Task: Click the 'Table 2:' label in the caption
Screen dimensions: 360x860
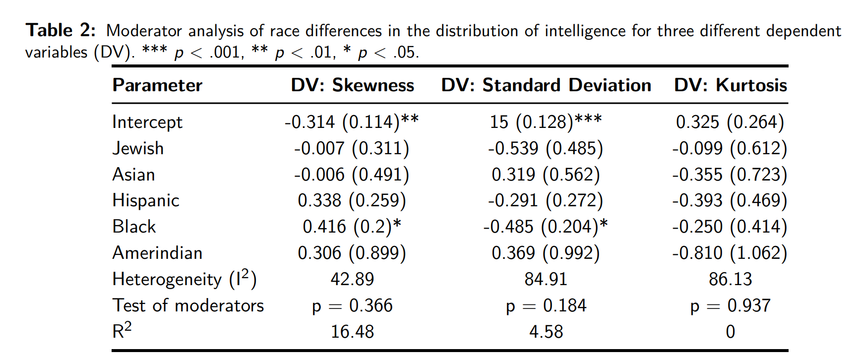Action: (x=61, y=31)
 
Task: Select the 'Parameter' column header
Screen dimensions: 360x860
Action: (x=157, y=85)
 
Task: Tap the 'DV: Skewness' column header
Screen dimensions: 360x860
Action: (x=352, y=85)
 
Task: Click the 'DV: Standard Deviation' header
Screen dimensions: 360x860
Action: (x=546, y=85)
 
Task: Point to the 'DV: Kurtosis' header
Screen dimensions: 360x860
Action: (x=730, y=85)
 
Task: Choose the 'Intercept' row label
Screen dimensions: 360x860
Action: (x=147, y=122)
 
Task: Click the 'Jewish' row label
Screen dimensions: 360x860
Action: (x=138, y=148)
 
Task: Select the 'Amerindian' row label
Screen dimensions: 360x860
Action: (x=157, y=253)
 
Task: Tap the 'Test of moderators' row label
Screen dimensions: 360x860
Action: (x=188, y=305)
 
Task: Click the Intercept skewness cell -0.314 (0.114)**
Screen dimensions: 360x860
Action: (x=352, y=122)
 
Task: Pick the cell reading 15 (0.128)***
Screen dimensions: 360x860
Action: (x=546, y=122)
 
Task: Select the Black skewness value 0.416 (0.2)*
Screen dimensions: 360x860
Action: (x=352, y=227)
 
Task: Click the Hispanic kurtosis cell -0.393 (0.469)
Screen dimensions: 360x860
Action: (x=730, y=200)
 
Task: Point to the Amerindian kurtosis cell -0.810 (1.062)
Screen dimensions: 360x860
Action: (x=730, y=253)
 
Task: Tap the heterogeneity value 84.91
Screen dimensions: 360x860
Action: (x=546, y=279)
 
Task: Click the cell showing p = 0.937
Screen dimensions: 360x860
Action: (x=730, y=306)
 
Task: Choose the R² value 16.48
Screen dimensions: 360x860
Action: (x=352, y=332)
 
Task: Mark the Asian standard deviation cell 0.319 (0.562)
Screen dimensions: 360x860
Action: (x=546, y=175)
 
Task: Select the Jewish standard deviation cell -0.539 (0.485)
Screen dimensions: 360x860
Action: (x=546, y=148)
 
